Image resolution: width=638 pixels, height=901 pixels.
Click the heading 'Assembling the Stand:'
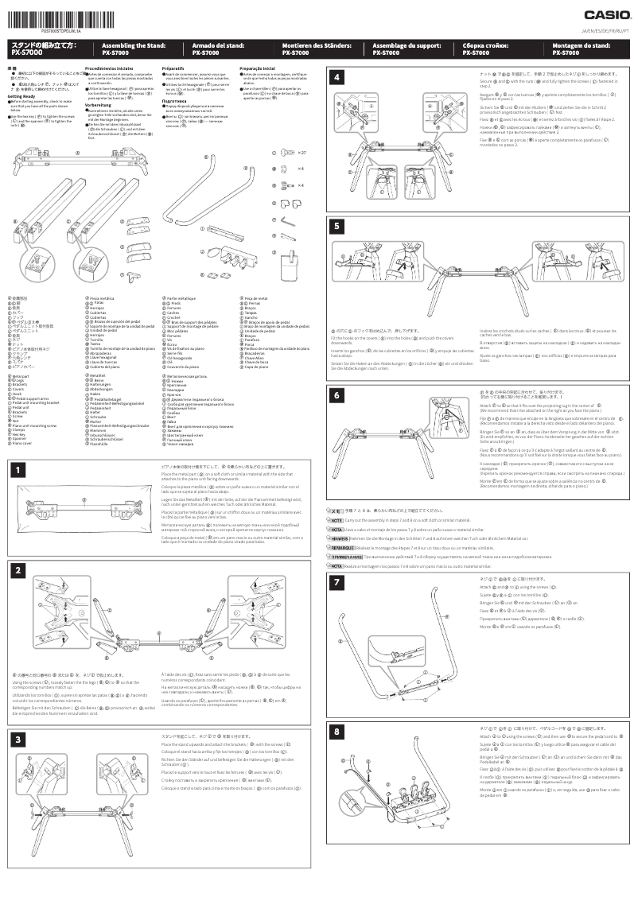pyautogui.click(x=126, y=46)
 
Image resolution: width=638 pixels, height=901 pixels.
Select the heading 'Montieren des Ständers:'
pyautogui.click(x=306, y=46)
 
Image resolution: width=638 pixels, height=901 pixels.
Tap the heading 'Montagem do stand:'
pyautogui.click(x=576, y=46)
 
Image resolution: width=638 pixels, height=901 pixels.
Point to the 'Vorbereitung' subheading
pyautogui.click(x=98, y=104)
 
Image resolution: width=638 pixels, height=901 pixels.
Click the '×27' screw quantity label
pyautogui.click(x=303, y=152)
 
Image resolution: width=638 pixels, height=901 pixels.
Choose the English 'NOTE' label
pyautogui.click(x=336, y=519)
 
